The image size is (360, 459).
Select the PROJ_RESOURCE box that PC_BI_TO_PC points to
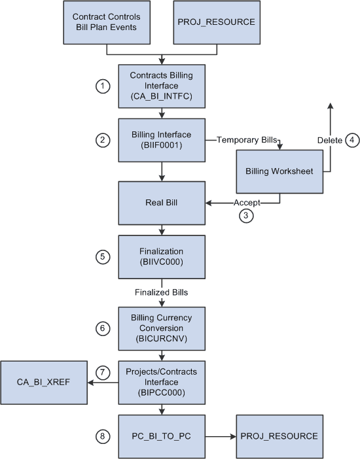pos(279,435)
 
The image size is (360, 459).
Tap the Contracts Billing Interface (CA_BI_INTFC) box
pos(161,86)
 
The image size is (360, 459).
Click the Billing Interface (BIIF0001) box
pos(161,140)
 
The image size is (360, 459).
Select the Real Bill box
pos(161,203)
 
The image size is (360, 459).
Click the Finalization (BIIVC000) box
pos(161,257)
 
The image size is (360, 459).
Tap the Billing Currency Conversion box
pos(161,328)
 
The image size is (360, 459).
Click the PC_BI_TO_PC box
pos(161,435)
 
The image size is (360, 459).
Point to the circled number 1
pos(101,86)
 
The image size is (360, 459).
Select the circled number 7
pos(101,372)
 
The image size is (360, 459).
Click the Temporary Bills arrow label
pos(243,140)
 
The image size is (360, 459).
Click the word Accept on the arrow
pos(246,203)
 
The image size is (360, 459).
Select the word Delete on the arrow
pos(329,140)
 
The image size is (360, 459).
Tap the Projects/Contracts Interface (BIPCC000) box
pos(161,382)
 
